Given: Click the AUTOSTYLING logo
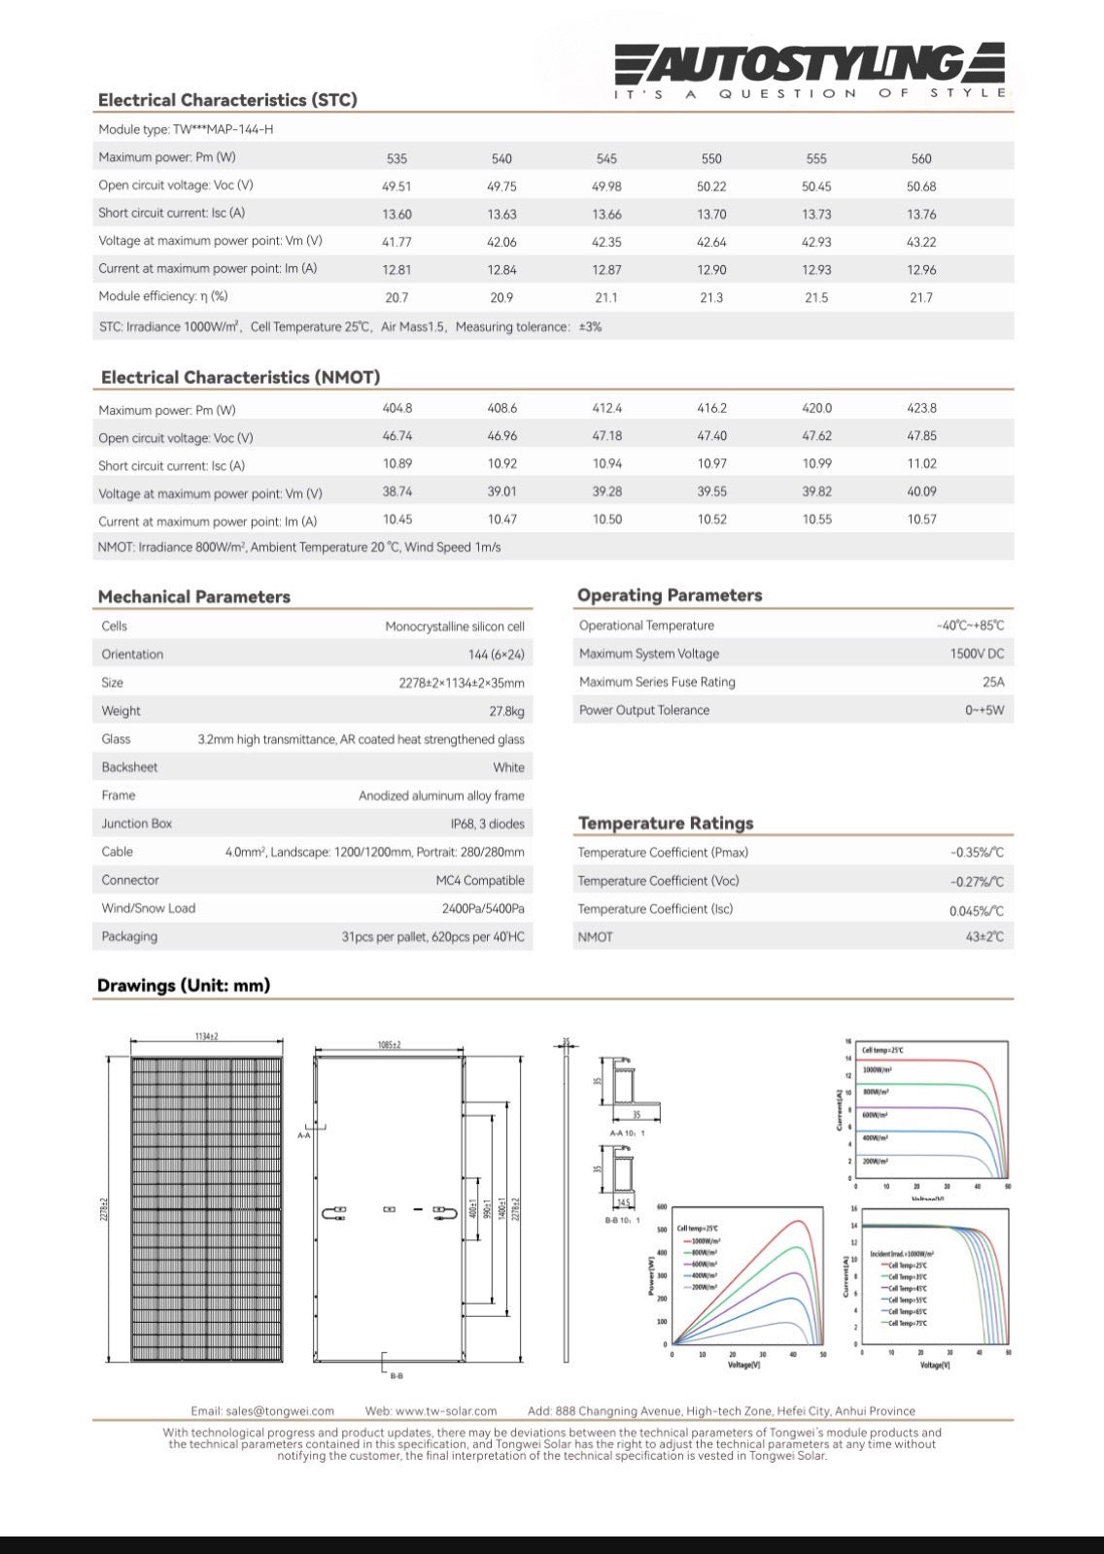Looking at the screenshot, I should [x=810, y=66].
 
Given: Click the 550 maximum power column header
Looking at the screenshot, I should [x=711, y=158].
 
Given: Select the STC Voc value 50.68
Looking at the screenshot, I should [x=921, y=186].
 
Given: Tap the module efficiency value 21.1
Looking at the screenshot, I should [x=606, y=298].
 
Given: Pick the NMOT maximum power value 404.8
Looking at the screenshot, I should [x=397, y=409].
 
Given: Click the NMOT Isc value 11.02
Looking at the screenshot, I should [x=921, y=464].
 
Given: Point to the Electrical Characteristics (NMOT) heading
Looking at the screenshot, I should [x=240, y=377].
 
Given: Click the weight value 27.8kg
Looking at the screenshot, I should [x=506, y=712].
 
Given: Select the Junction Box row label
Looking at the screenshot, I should [x=137, y=824].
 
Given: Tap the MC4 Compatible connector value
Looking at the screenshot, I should [x=480, y=881].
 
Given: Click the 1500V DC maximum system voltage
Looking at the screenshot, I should [x=977, y=655].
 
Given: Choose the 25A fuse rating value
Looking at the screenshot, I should [x=993, y=683].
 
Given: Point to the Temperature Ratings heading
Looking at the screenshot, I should [x=666, y=824].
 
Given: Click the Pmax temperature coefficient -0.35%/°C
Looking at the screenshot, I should [x=977, y=853].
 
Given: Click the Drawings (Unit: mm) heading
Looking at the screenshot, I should [x=184, y=986].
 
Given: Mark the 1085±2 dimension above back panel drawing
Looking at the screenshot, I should [x=389, y=1045].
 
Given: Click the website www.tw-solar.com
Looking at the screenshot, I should [x=446, y=1411].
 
